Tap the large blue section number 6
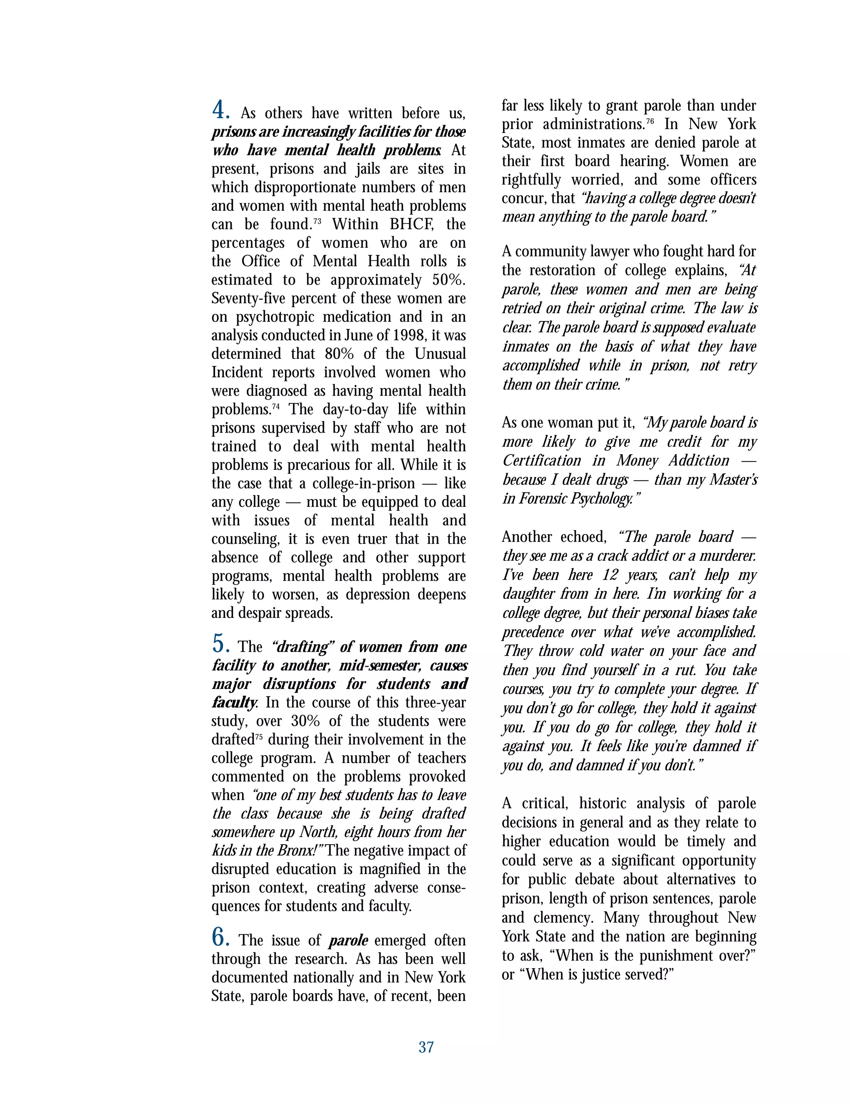220,937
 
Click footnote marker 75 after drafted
258,736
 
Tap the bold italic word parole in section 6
348,941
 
